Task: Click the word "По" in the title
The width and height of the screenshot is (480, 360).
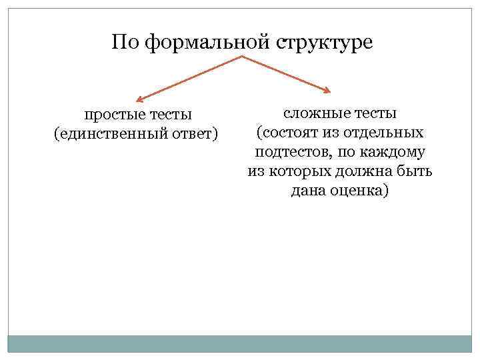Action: click(x=126, y=43)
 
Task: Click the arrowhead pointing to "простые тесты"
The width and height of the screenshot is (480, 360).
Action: click(x=141, y=96)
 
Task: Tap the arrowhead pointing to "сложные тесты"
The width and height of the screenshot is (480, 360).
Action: click(x=326, y=91)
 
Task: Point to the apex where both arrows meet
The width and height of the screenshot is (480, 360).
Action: click(x=241, y=57)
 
